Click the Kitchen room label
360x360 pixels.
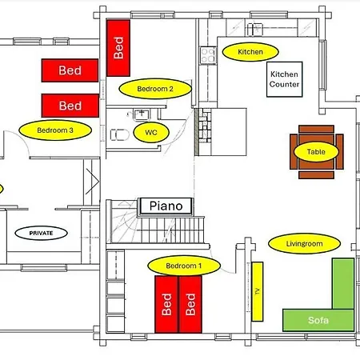pyautogui.click(x=250, y=52)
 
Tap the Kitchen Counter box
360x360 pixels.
pyautogui.click(x=285, y=79)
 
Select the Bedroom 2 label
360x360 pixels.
pyautogui.click(x=155, y=89)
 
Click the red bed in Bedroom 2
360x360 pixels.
pyautogui.click(x=118, y=48)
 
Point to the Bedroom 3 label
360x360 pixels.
pyautogui.click(x=55, y=130)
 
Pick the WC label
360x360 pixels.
pyautogui.click(x=151, y=132)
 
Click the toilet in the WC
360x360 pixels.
pyautogui.click(x=120, y=134)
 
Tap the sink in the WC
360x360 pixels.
pyautogui.click(x=142, y=114)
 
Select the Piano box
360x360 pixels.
pyautogui.click(x=166, y=206)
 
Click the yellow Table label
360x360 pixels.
pyautogui.click(x=316, y=152)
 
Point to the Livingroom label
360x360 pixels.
pyautogui.click(x=304, y=243)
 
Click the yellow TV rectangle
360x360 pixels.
pyautogui.click(x=258, y=291)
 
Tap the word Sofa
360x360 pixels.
pyautogui.click(x=318, y=320)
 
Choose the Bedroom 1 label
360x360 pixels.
pyautogui.click(x=184, y=266)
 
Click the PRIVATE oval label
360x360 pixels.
pyautogui.click(x=41, y=233)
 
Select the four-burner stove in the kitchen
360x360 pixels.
pyautogui.click(x=208, y=55)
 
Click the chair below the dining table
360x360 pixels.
pyautogui.click(x=316, y=175)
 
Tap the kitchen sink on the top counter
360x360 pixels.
pyautogui.click(x=255, y=30)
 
